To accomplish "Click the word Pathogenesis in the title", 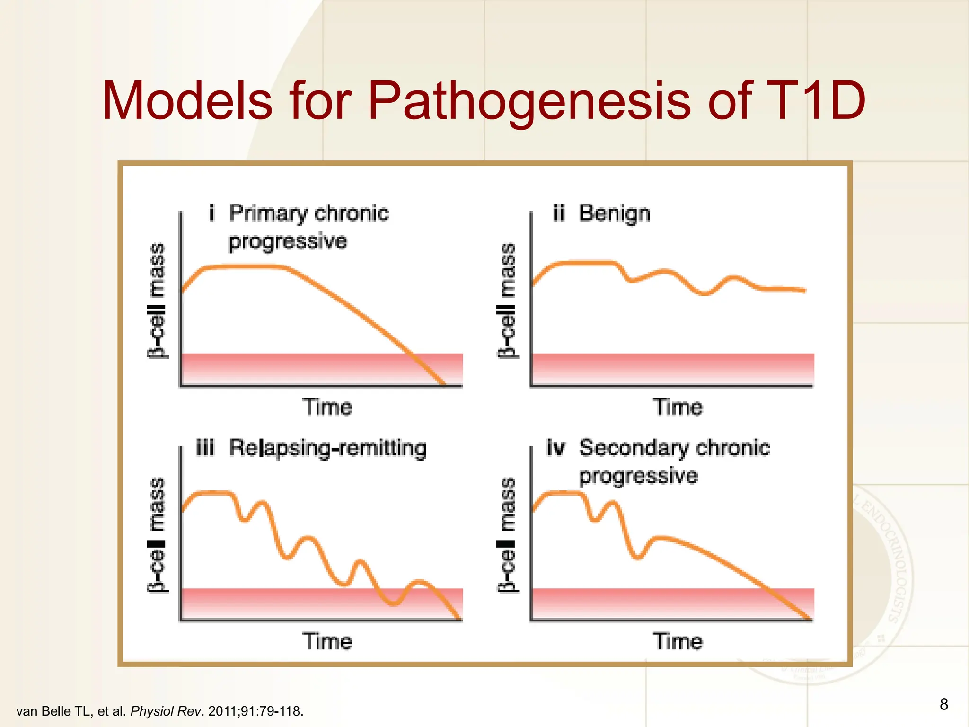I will tap(530, 100).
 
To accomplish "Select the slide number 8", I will tap(943, 704).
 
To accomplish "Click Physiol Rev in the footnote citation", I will tap(166, 711).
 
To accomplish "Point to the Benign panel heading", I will tap(614, 213).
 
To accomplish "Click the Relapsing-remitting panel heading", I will tap(327, 448).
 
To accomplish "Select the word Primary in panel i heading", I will tap(267, 213).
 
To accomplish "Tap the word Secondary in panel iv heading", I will tap(634, 448).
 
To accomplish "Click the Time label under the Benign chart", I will tap(678, 407).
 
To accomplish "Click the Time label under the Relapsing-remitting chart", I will tap(327, 642).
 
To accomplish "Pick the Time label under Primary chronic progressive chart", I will tap(327, 407).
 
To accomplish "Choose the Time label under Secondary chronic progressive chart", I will tap(678, 642).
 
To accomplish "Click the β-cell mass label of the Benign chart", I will tap(507, 301).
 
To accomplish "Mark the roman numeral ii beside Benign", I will tap(558, 213).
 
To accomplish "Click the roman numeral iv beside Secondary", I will tap(555, 448).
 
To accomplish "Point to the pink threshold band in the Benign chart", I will tap(672, 369).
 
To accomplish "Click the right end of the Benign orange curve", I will tap(803, 290).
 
